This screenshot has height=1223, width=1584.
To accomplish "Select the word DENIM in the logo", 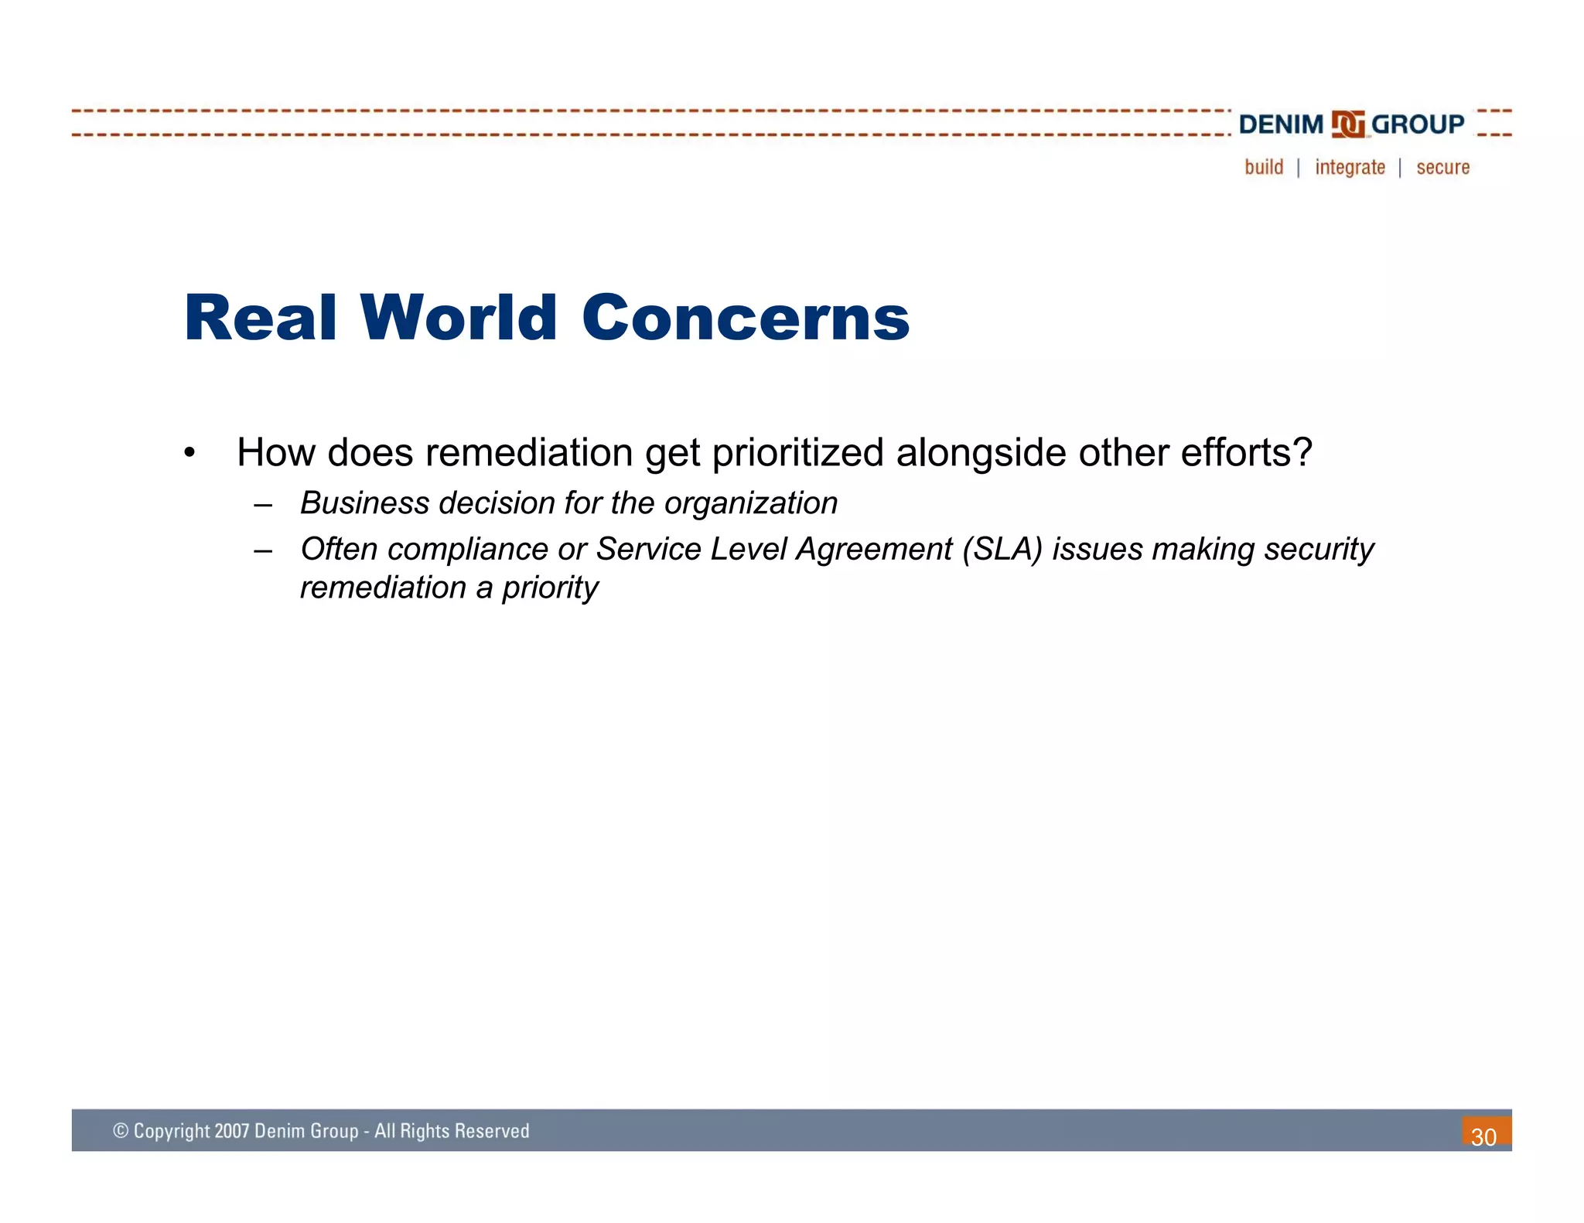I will pos(1281,124).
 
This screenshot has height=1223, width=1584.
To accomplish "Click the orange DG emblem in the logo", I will pos(1347,124).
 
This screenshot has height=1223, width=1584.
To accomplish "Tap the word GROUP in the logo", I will pos(1418,124).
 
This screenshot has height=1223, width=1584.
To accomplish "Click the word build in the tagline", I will pos(1264,167).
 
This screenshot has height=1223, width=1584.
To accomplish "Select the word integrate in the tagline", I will pos(1350,168).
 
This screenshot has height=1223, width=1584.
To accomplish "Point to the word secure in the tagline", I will pos(1442,168).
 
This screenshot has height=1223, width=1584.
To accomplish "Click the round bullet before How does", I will pos(189,453).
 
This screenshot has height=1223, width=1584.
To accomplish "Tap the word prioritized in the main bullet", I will pos(797,453).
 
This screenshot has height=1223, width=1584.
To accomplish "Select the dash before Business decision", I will pos(263,505).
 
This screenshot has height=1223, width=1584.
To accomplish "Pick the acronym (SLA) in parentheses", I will pos(1002,550).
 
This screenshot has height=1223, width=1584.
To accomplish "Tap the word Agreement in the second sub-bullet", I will pos(874,550).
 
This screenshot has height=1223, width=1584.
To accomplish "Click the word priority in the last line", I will pos(550,588).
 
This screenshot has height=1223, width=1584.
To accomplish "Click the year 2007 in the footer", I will pos(231,1131).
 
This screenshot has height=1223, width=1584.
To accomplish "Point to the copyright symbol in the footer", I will pos(121,1131).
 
